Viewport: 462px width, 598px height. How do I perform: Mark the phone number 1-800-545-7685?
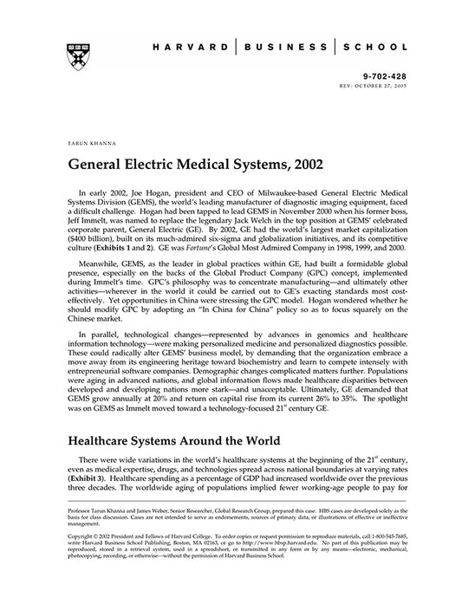click(400, 544)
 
